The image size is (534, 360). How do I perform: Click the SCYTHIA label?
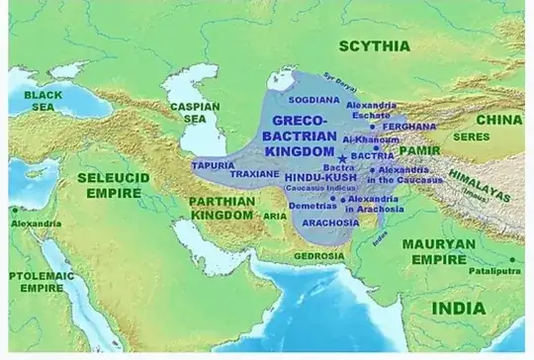(x=374, y=45)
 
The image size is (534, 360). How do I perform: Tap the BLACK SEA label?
(x=43, y=100)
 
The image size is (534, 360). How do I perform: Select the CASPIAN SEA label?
(x=187, y=111)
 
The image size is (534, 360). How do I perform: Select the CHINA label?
(x=496, y=120)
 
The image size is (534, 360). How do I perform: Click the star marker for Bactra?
(x=342, y=158)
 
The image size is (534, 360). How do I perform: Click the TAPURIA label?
(x=214, y=165)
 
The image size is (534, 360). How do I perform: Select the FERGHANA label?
(x=410, y=127)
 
